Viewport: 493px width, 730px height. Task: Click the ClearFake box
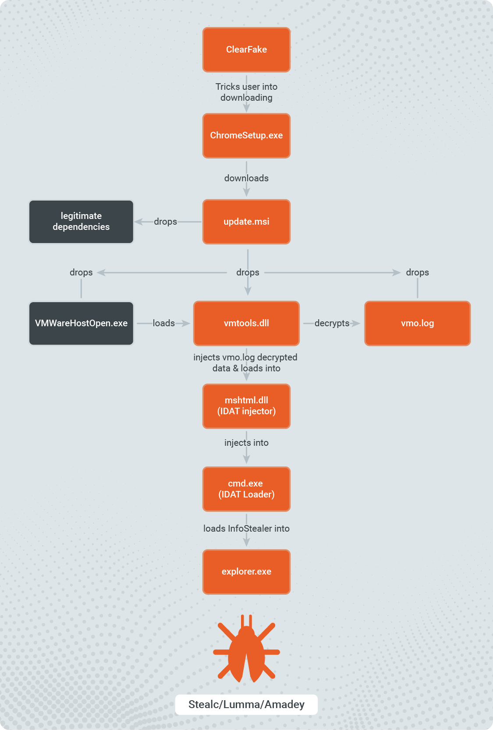[246, 49]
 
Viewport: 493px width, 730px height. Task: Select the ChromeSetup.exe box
[246, 135]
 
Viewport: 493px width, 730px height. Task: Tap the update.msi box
[246, 222]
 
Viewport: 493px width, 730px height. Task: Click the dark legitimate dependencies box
[81, 222]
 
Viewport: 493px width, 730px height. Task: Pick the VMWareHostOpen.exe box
[81, 323]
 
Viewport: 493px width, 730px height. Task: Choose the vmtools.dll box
[246, 323]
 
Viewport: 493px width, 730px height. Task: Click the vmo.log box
[417, 323]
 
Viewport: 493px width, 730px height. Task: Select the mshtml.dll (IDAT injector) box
[246, 406]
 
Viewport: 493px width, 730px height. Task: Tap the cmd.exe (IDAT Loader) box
[246, 489]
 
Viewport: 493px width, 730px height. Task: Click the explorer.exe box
[246, 571]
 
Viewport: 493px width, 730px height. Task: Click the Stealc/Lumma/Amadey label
[246, 704]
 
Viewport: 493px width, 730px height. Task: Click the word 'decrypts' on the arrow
[332, 323]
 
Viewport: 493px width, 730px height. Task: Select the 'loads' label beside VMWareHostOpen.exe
[163, 323]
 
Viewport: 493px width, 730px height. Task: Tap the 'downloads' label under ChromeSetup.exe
[246, 178]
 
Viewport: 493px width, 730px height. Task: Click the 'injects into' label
[246, 443]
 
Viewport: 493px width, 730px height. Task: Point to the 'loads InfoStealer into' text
[246, 529]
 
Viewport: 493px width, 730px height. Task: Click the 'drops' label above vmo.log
[417, 272]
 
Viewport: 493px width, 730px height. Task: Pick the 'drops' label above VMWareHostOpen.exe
[81, 272]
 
